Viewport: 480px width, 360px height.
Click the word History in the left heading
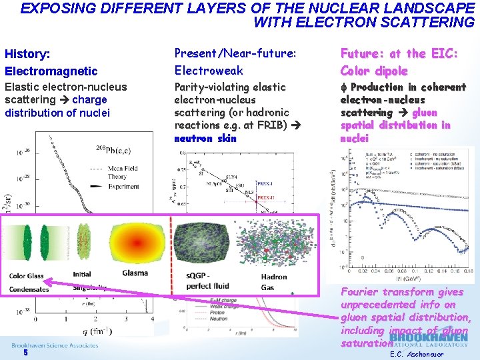[x=27, y=53]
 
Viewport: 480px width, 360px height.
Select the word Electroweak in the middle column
[x=209, y=70]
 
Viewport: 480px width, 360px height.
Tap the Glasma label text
[x=135, y=273]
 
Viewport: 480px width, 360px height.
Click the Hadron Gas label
[x=274, y=281]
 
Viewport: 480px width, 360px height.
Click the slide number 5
[x=25, y=353]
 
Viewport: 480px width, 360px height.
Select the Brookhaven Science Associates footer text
[x=55, y=345]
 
